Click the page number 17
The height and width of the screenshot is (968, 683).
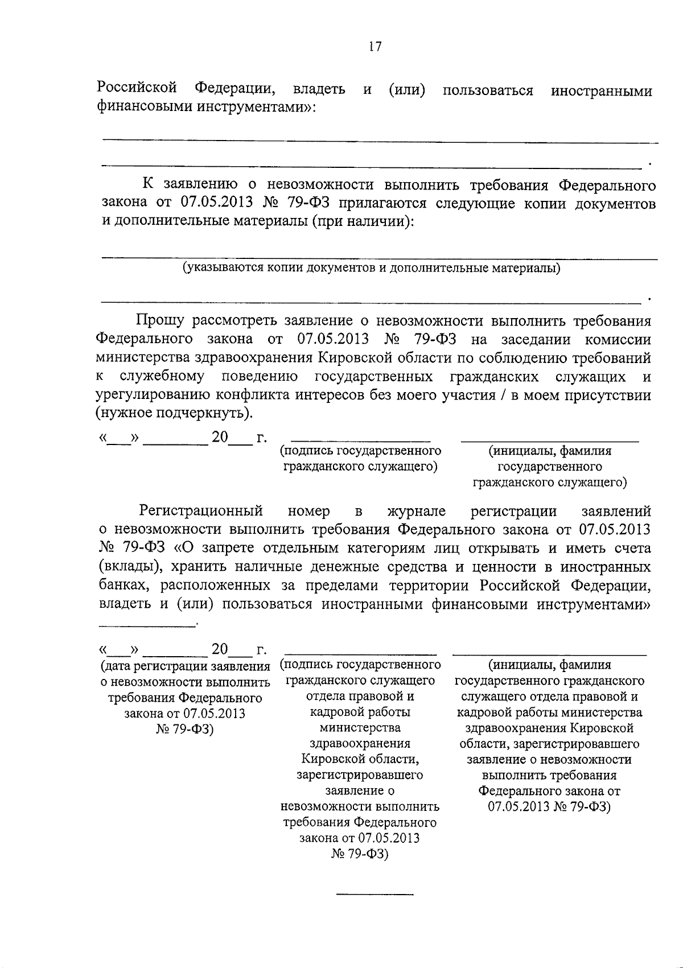[375, 47]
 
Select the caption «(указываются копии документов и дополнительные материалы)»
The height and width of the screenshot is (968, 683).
[371, 267]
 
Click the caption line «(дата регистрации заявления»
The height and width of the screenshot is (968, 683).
[185, 666]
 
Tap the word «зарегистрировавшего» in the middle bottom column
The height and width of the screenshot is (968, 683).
[360, 775]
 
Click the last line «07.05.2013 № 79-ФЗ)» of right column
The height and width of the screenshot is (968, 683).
[549, 806]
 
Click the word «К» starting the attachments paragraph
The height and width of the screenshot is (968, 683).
[148, 185]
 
